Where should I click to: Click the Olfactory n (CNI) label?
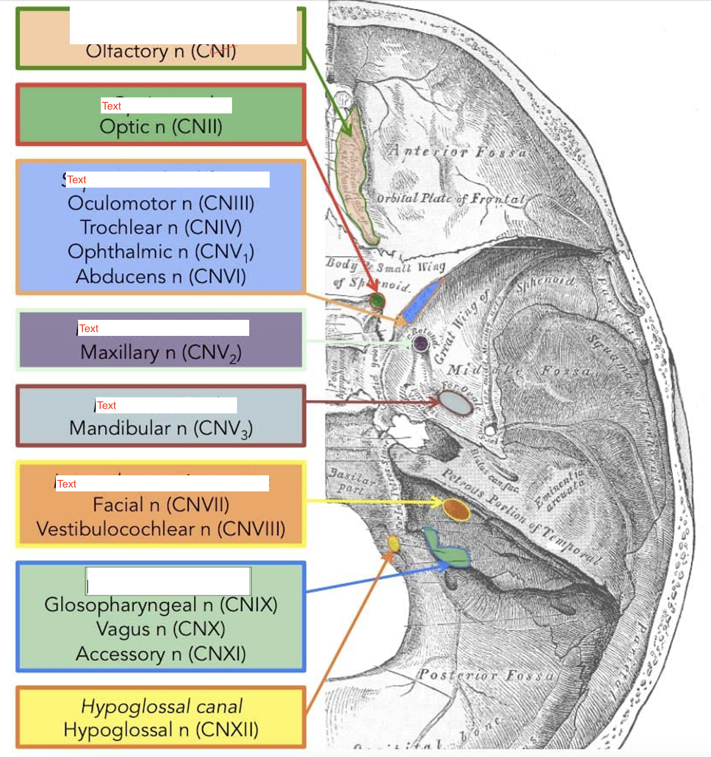point(161,51)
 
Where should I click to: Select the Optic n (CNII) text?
point(161,127)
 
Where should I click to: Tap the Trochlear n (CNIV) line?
point(161,227)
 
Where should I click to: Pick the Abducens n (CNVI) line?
point(161,276)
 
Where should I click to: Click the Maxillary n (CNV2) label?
point(161,352)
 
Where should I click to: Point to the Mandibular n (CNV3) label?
point(161,428)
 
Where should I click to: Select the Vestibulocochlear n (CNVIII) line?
point(161,529)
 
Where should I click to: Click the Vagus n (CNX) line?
point(161,629)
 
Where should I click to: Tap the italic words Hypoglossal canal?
point(161,706)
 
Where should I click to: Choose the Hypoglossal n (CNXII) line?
point(161,730)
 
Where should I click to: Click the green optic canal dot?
point(377,301)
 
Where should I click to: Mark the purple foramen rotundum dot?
point(421,343)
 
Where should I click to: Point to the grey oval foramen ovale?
point(456,402)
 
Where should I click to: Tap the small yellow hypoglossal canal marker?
point(393,543)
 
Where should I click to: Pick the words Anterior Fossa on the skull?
point(457,151)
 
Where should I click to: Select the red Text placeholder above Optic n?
point(111,106)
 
